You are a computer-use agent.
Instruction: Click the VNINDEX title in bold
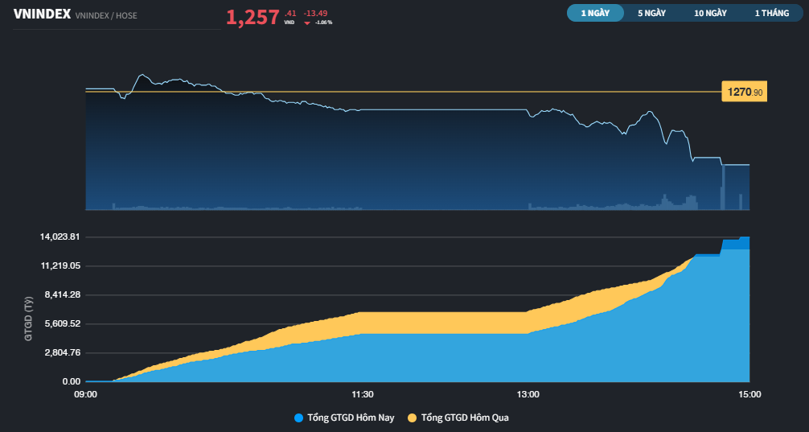[42, 14]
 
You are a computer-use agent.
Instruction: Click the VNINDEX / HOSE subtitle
[106, 15]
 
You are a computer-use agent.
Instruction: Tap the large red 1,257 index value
[253, 18]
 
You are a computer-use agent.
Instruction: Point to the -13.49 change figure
[316, 13]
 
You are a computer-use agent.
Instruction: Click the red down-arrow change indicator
[307, 23]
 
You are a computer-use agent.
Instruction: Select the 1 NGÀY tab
[595, 14]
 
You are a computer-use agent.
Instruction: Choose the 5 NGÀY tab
[651, 14]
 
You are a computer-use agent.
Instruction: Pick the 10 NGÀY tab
[710, 14]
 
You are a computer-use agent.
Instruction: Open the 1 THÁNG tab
[772, 14]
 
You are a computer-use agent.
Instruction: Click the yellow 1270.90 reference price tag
[745, 93]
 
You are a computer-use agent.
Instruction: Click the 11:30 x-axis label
[363, 395]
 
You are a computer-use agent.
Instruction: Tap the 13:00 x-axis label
[528, 395]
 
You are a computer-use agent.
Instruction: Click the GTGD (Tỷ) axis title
[28, 319]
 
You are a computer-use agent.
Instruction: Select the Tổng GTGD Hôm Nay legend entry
[344, 418]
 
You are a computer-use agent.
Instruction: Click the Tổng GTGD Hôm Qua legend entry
[461, 418]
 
